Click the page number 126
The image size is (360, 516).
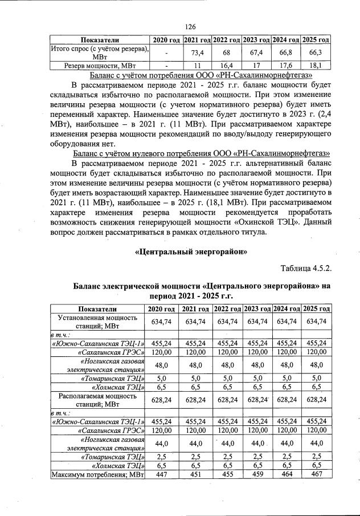pyautogui.click(x=190, y=26)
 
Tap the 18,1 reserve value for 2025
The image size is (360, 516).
pyautogui.click(x=316, y=66)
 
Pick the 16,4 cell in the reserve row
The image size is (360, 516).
pyautogui.click(x=227, y=66)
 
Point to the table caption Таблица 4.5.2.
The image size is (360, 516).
pyautogui.click(x=306, y=269)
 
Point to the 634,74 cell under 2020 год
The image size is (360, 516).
pyautogui.click(x=162, y=322)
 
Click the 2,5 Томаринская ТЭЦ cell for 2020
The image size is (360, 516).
pyautogui.click(x=162, y=456)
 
